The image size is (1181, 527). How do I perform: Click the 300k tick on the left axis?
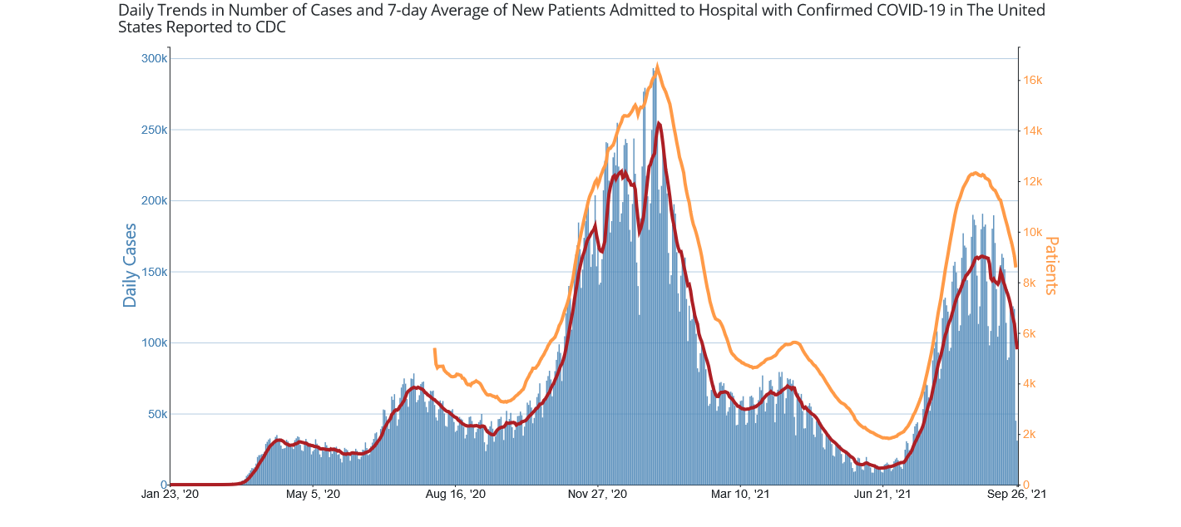coord(155,59)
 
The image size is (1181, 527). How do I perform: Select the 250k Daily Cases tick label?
coord(155,131)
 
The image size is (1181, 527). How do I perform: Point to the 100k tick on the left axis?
coord(155,342)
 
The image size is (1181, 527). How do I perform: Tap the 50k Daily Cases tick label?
coord(157,414)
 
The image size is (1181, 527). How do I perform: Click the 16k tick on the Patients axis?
coord(1033,81)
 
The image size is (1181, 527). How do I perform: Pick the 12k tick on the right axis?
coord(1033,182)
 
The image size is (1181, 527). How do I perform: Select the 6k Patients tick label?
coord(1030,333)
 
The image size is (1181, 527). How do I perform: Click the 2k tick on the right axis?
coord(1030,435)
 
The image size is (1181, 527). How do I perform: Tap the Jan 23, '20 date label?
coord(170,495)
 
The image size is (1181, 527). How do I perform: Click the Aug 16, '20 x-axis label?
coord(456,495)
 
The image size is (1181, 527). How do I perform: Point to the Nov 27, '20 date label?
coord(599,495)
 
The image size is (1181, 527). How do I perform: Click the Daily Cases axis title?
coord(130,265)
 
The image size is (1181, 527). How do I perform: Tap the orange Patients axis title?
coord(1051,265)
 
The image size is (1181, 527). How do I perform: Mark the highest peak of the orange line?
coord(658,66)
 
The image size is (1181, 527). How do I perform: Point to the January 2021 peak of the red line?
coord(659,123)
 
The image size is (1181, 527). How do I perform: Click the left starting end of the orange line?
coord(435,350)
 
